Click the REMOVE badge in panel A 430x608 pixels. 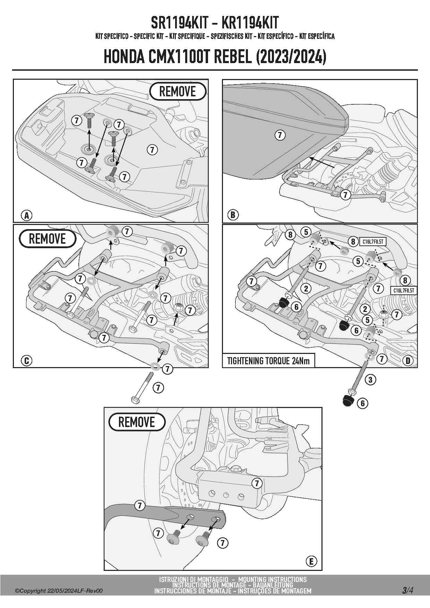178,92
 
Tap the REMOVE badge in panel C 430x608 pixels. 47,238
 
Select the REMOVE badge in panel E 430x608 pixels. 137,422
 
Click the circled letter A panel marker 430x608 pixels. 26,215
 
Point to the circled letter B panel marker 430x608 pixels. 233,215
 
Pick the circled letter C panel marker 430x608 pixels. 26,361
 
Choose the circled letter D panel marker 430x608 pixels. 408,361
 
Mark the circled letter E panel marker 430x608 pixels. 311,561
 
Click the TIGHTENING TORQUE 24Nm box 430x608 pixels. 268,361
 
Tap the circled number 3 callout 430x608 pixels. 370,380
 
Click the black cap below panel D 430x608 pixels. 347,401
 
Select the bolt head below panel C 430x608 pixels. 135,400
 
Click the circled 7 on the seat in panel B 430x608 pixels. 280,135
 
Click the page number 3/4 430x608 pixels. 407,590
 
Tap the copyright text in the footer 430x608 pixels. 59,591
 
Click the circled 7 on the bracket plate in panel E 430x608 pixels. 257,483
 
